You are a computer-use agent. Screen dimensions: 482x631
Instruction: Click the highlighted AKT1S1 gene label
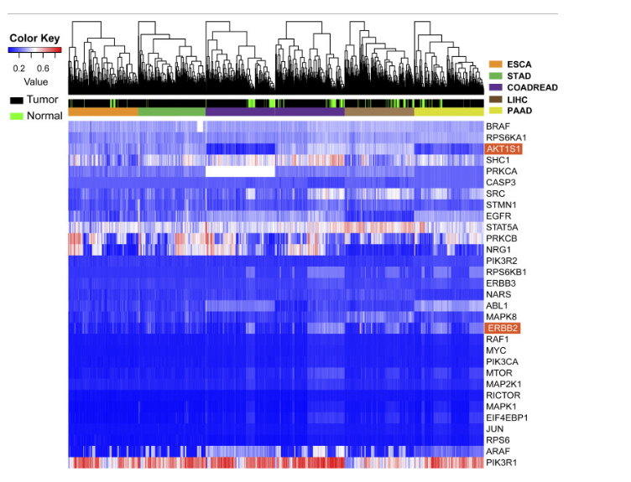(503, 148)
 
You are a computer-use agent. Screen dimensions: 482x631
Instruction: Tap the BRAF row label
(498, 126)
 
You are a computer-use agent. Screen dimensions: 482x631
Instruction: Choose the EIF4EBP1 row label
(507, 417)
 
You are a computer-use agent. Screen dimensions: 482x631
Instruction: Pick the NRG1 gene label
(498, 249)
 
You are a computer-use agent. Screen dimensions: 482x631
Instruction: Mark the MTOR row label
(499, 372)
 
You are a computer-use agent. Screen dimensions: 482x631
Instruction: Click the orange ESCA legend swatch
(496, 64)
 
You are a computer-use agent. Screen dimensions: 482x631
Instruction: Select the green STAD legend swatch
(496, 75)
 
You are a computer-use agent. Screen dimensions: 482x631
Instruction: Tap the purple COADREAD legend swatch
(496, 87)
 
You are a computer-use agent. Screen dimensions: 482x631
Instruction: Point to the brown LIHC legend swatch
(496, 99)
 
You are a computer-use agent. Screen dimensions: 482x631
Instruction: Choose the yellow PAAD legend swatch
(496, 111)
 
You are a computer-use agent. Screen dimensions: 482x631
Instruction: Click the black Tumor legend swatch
(16, 100)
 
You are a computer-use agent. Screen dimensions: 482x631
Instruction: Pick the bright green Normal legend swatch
(16, 116)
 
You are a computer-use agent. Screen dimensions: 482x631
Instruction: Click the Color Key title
(34, 39)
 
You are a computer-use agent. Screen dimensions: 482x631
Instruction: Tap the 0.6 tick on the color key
(42, 69)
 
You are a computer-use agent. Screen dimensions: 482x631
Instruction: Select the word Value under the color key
(35, 82)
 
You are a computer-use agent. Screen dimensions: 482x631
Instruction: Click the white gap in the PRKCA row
(240, 171)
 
